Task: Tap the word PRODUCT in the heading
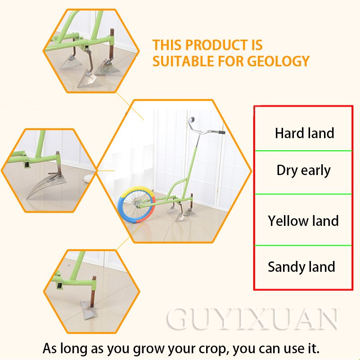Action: pyautogui.click(x=216, y=45)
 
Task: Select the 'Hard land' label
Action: pyautogui.click(x=304, y=133)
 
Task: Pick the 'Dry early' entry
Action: pyautogui.click(x=303, y=171)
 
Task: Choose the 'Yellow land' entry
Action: pyautogui.click(x=303, y=221)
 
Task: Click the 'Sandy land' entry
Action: pyautogui.click(x=301, y=267)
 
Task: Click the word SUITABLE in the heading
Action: pyautogui.click(x=183, y=61)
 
